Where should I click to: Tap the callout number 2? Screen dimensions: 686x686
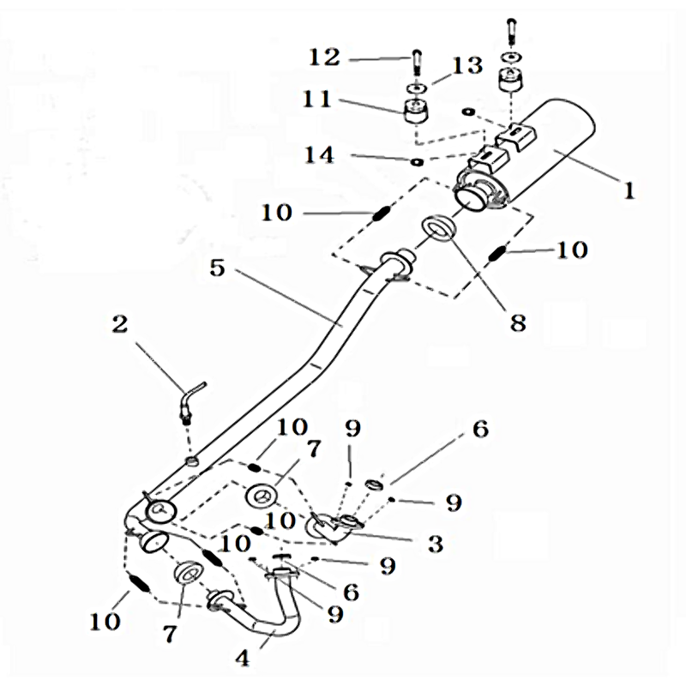pyautogui.click(x=119, y=323)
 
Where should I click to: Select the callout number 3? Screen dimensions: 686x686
pyautogui.click(x=435, y=542)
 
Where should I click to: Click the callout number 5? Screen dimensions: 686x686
pyautogui.click(x=217, y=268)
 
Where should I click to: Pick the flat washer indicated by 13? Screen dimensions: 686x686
pyautogui.click(x=414, y=87)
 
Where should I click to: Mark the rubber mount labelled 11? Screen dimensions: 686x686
pyautogui.click(x=415, y=111)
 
